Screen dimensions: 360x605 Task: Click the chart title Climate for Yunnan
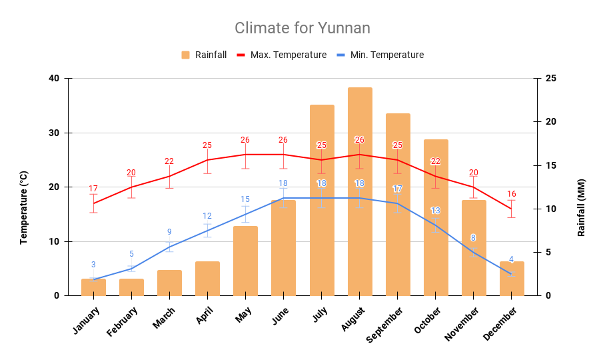(x=302, y=28)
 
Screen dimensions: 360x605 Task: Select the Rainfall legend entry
(x=204, y=55)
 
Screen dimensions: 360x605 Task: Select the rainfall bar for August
(x=360, y=193)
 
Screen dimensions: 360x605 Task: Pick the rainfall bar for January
(x=93, y=287)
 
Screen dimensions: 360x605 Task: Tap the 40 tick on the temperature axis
(x=54, y=79)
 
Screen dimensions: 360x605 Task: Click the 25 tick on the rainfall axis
(x=550, y=79)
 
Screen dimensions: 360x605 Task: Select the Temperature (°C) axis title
(x=24, y=207)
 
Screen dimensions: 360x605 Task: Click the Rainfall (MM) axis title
(x=581, y=207)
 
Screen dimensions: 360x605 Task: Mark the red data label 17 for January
(x=93, y=189)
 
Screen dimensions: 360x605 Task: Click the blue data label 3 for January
(x=93, y=265)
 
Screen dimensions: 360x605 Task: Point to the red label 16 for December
(x=511, y=194)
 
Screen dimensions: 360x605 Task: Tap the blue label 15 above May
(x=245, y=199)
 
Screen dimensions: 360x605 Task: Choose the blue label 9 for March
(x=169, y=232)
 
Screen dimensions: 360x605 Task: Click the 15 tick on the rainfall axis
(x=550, y=165)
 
